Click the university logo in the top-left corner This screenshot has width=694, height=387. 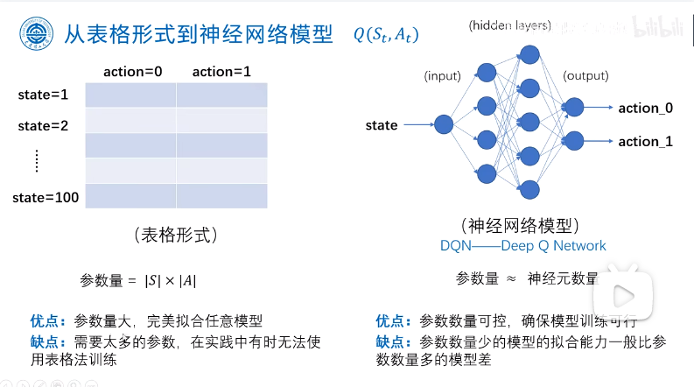click(36, 36)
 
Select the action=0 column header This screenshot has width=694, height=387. click(132, 71)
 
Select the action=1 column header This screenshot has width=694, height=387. click(221, 71)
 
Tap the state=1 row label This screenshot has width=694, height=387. click(43, 94)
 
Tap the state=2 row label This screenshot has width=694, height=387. click(43, 125)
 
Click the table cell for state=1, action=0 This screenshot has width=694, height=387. click(131, 95)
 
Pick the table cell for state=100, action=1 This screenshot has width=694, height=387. click(222, 196)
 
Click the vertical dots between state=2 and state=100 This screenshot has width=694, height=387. click(37, 160)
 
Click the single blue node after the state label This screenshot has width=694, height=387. click(444, 125)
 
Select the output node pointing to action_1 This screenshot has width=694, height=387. click(574, 139)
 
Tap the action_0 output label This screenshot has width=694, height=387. click(646, 108)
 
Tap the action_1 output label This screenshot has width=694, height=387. click(646, 141)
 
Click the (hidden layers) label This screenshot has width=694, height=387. click(509, 26)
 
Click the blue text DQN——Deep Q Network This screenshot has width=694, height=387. click(523, 246)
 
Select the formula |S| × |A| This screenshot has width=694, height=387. click(171, 280)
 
